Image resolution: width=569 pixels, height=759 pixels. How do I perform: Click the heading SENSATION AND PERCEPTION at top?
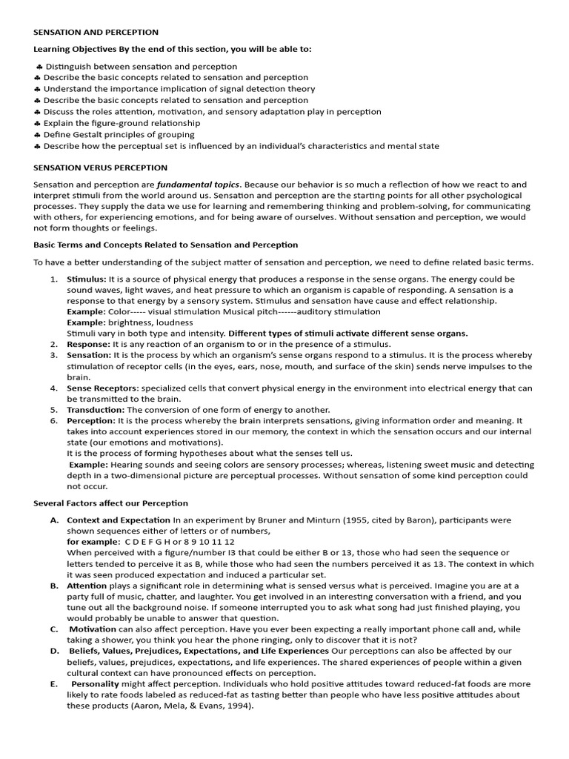click(x=96, y=33)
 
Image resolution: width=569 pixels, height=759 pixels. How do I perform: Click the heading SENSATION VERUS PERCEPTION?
click(x=100, y=168)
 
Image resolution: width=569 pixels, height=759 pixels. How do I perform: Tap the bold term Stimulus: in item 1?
click(x=87, y=279)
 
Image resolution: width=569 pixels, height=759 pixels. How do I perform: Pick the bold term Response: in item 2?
click(x=89, y=344)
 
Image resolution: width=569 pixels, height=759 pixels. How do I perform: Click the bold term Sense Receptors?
click(x=102, y=388)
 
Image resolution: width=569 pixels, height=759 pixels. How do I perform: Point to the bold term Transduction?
click(x=96, y=409)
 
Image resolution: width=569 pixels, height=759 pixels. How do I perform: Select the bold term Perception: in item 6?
click(x=91, y=420)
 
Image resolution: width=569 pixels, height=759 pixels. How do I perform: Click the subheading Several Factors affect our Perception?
click(x=110, y=503)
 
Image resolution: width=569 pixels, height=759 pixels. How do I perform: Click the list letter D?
click(x=54, y=651)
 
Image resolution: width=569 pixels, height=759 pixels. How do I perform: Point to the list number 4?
click(x=54, y=388)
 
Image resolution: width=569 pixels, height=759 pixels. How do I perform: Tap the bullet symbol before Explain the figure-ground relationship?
click(x=38, y=123)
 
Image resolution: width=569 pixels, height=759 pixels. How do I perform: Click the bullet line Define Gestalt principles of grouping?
click(x=119, y=134)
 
